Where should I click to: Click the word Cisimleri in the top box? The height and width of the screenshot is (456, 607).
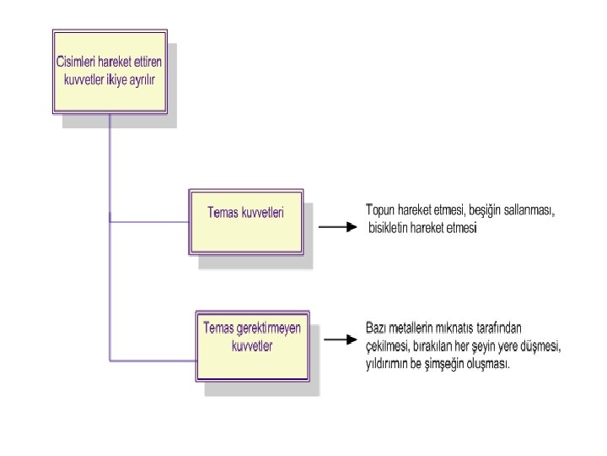[x=75, y=62]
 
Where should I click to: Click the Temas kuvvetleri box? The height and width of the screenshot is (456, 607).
[x=245, y=220]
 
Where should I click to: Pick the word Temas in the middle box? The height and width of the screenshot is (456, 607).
[x=223, y=213]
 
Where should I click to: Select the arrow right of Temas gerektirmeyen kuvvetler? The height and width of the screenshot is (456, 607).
[x=339, y=340]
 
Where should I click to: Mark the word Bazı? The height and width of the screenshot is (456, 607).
[x=377, y=328]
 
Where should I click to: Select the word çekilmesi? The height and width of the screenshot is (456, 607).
[x=387, y=346]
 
